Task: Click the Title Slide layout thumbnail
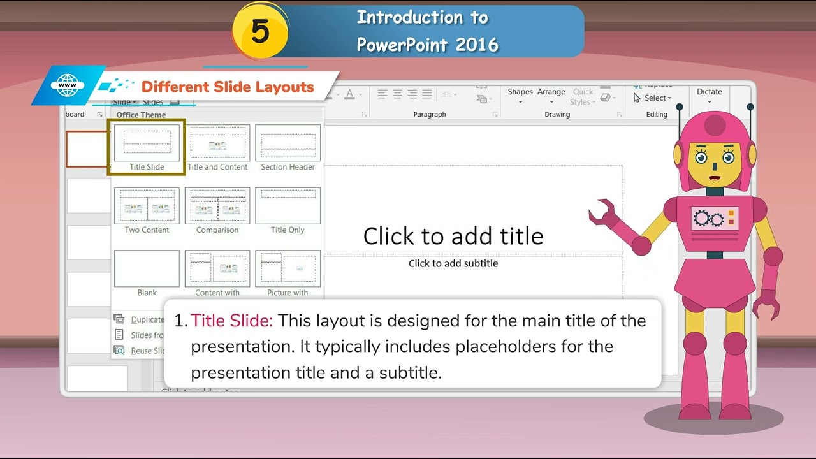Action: pos(147,143)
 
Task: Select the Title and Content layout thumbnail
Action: pos(217,143)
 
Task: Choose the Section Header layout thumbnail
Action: pos(288,143)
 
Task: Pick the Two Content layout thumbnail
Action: pos(147,206)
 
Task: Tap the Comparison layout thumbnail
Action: pos(217,206)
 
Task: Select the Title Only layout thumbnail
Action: pos(288,206)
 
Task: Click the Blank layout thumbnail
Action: pos(147,268)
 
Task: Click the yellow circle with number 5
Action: pos(260,31)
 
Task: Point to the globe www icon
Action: pos(68,85)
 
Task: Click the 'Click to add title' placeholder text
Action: pos(453,236)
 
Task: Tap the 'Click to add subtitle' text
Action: pos(453,263)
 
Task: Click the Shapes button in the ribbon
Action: pos(520,96)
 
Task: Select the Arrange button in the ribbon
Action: pos(551,96)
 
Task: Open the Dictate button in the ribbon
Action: pos(709,96)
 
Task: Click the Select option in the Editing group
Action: pos(653,98)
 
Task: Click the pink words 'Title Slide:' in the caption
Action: pos(232,321)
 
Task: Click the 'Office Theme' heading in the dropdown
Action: pos(141,115)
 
